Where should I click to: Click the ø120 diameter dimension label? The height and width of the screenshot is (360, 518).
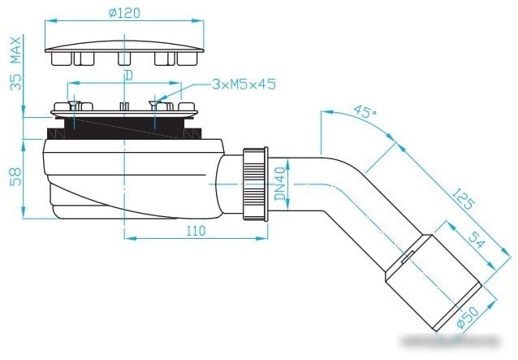click(x=124, y=13)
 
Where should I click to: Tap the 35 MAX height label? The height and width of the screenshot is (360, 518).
click(x=15, y=63)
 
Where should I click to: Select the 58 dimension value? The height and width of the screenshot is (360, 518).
click(x=15, y=177)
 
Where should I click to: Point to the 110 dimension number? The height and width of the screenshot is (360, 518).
click(x=196, y=231)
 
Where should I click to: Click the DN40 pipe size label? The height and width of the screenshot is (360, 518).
click(x=280, y=184)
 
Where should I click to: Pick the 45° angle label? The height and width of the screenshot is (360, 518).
click(x=365, y=111)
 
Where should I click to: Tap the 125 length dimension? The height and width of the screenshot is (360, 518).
click(x=463, y=199)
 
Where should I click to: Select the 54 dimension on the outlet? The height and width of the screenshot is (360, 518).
click(x=477, y=239)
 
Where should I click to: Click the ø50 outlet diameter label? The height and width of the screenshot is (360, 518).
click(x=468, y=317)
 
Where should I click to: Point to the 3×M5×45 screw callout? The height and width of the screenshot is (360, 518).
click(x=244, y=85)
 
